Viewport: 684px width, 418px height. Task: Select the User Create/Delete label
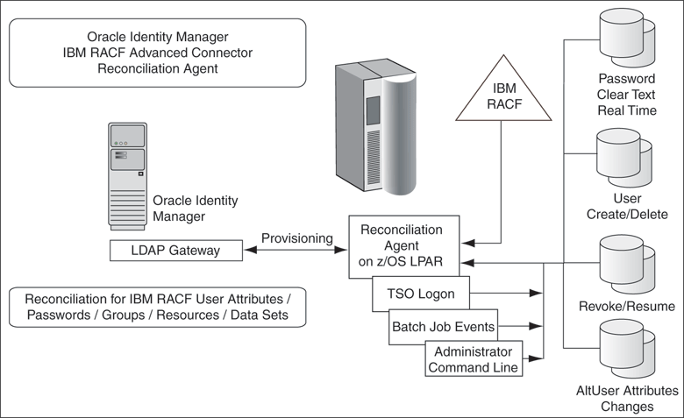click(x=628, y=207)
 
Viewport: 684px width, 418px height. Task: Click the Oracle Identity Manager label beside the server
click(x=196, y=208)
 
